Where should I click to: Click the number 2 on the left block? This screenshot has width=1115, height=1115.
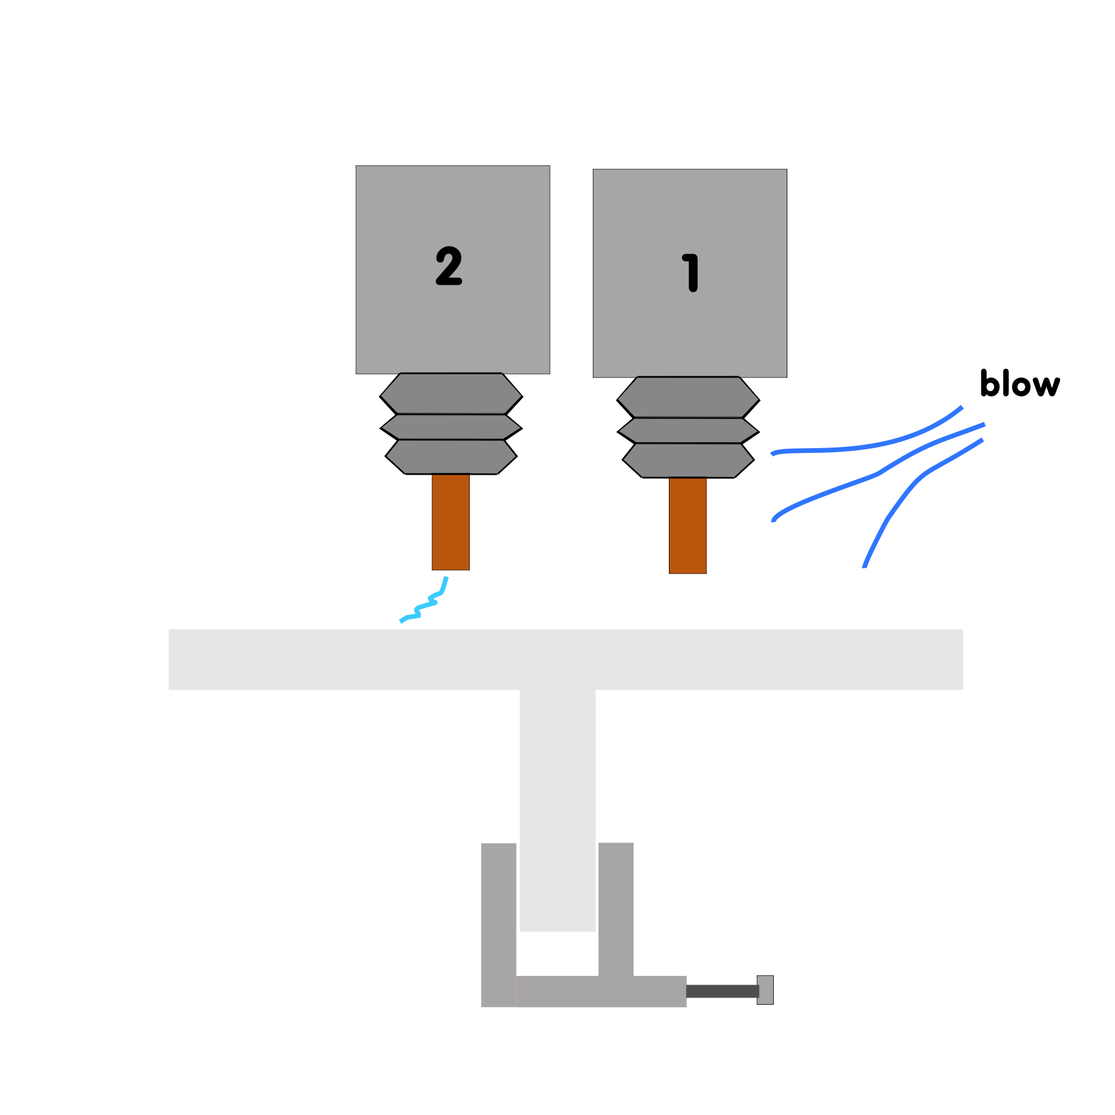click(448, 267)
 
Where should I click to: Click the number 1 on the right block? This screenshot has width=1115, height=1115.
click(691, 273)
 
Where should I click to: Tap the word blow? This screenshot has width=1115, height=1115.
click(1020, 384)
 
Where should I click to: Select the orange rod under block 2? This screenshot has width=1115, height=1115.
click(451, 522)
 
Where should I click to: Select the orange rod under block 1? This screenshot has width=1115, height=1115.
click(688, 525)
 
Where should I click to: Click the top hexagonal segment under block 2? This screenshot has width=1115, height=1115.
click(451, 394)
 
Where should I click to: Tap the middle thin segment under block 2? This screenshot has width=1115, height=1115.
click(451, 427)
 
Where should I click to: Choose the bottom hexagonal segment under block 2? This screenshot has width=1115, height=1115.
click(451, 457)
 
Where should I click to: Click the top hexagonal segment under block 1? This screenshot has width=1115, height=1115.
click(688, 397)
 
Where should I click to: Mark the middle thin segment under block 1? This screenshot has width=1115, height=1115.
click(688, 430)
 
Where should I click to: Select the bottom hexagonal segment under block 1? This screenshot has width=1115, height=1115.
click(688, 461)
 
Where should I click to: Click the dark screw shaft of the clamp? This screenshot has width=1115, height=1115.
click(722, 991)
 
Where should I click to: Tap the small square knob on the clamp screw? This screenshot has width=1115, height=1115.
click(765, 990)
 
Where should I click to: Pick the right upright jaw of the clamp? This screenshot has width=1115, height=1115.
click(616, 908)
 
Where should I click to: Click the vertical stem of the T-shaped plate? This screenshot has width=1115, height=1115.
click(557, 808)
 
